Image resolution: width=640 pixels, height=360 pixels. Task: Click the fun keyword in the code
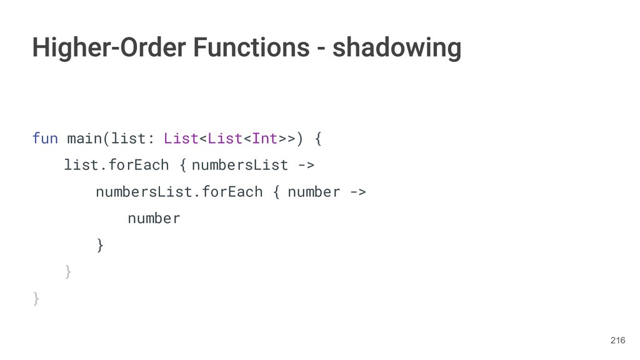(44, 137)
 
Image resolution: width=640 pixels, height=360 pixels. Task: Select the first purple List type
(181, 137)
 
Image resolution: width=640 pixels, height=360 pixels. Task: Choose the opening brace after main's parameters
(318, 137)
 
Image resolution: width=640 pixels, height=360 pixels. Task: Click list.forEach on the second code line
(116, 165)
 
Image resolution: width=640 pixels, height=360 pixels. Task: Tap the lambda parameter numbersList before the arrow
(240, 165)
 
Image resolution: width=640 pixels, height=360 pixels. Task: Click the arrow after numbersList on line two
(306, 165)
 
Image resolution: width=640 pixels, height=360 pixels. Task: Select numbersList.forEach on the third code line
(179, 192)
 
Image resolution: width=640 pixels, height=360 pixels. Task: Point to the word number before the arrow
(314, 192)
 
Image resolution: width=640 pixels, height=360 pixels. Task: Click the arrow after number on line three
(357, 192)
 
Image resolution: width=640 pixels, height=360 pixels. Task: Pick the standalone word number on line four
(154, 218)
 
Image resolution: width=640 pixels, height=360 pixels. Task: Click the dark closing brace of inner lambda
(100, 245)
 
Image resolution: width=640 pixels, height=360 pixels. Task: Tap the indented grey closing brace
(68, 272)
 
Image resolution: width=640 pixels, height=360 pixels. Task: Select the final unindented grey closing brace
(36, 299)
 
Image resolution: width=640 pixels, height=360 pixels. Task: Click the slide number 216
(617, 340)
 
